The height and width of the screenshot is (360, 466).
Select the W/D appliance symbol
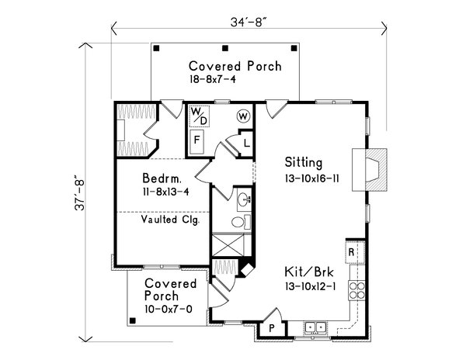(199, 116)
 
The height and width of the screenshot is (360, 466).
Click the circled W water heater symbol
(243, 116)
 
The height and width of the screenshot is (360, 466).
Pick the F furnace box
(198, 142)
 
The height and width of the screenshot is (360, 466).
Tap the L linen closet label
(245, 143)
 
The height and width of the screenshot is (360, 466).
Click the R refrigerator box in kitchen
(352, 253)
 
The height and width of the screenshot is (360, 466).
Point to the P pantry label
(272, 328)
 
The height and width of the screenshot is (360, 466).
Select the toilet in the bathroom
(241, 222)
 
